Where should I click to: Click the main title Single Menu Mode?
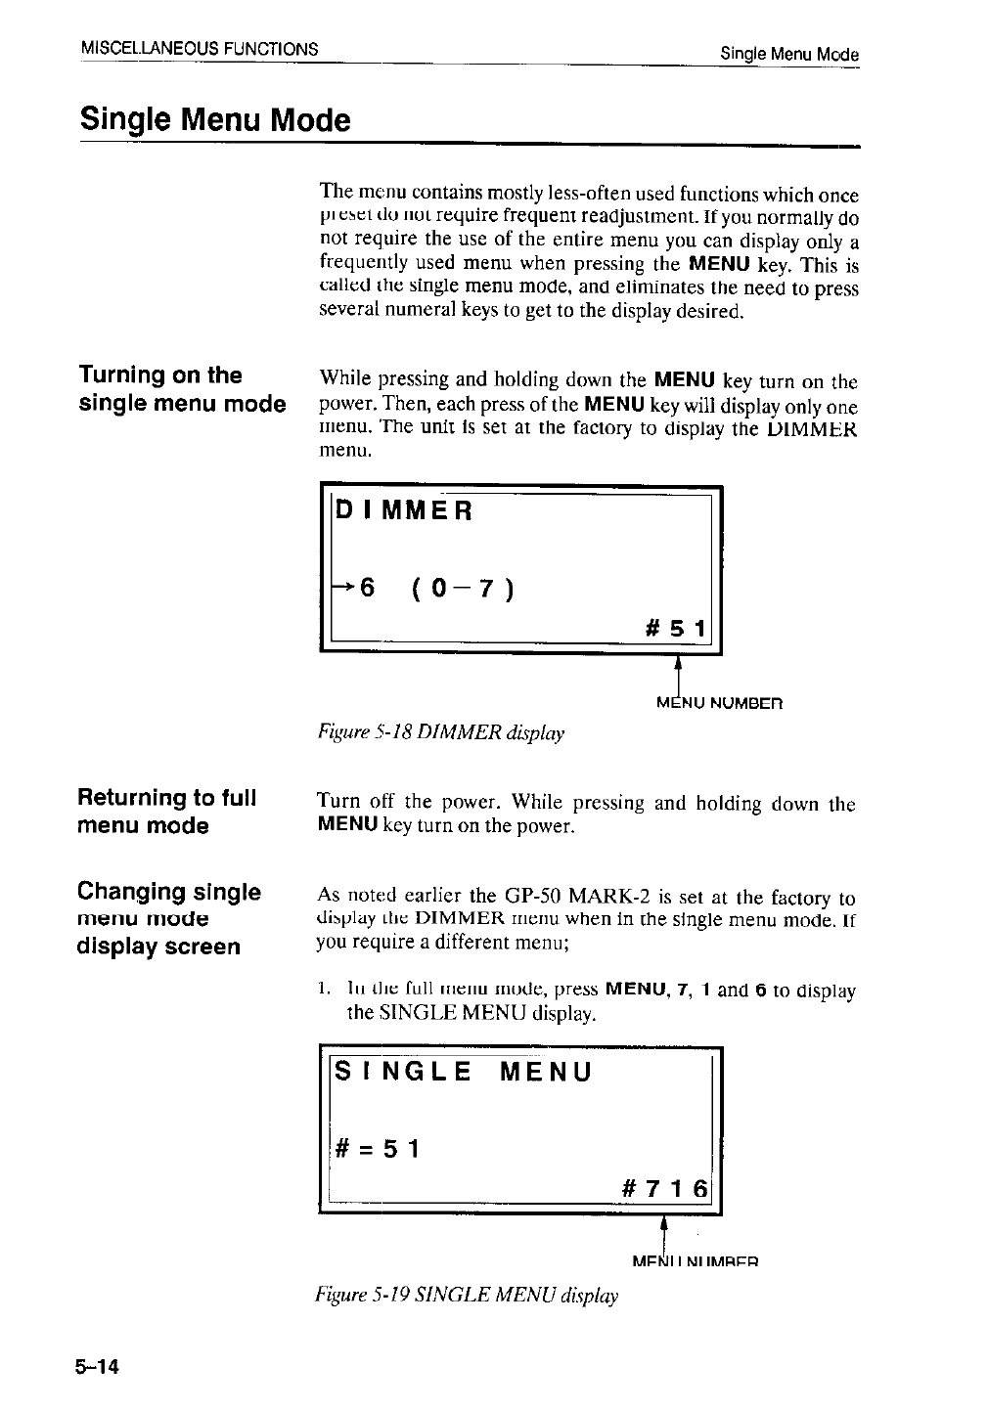pos(214,120)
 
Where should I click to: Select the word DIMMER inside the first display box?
pos(404,510)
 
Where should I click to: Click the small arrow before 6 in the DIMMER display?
pos(343,587)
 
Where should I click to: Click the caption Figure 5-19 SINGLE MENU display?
pos(467,1296)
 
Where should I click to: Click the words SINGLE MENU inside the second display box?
pos(464,1072)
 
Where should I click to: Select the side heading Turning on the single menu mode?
pos(181,389)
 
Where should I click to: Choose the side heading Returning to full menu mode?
pos(166,812)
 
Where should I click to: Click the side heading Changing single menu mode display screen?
pos(168,918)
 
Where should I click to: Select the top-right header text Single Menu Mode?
pos(788,54)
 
